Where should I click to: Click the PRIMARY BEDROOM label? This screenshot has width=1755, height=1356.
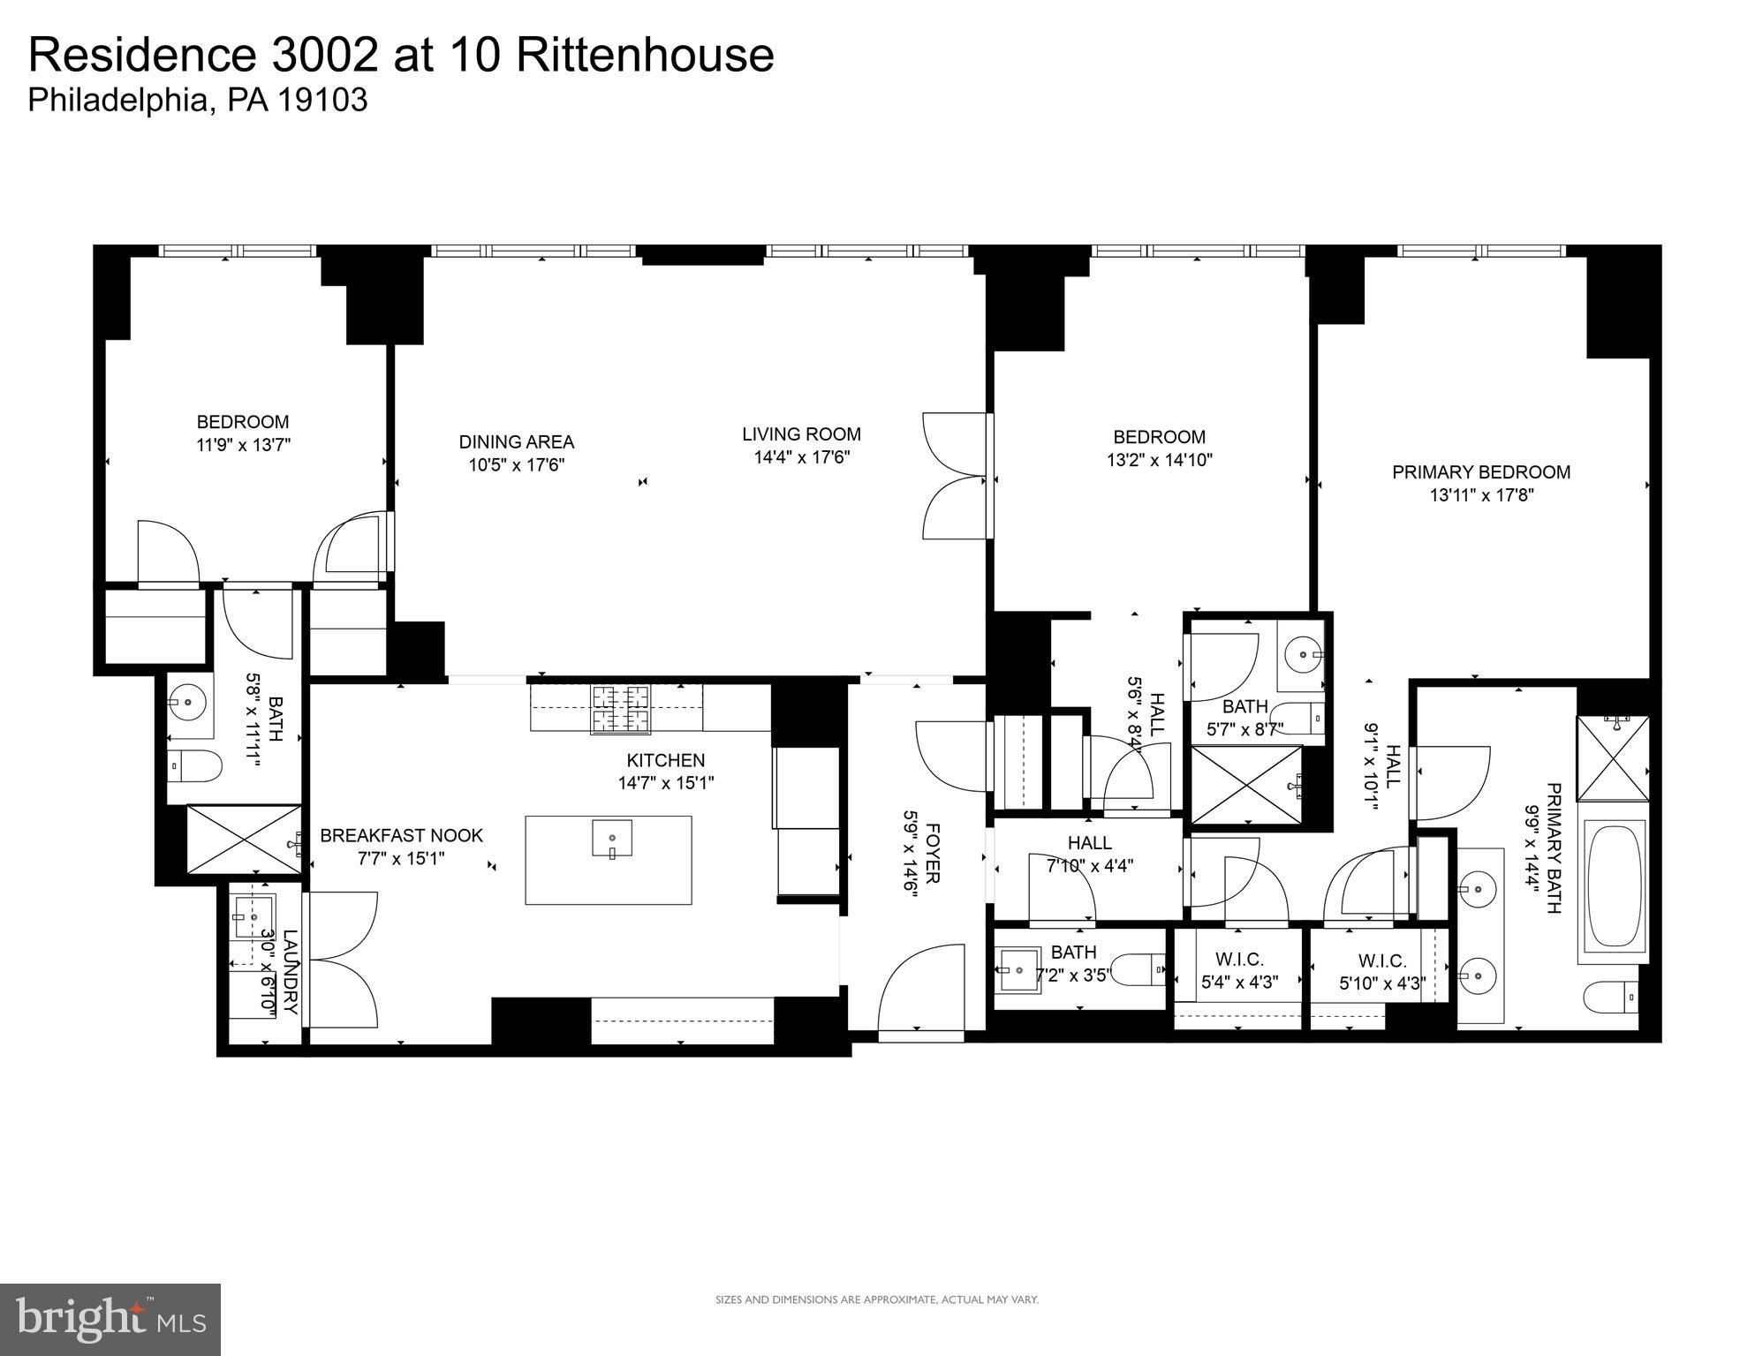[x=1481, y=472]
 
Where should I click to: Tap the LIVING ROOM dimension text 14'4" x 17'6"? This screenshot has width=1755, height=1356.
[x=801, y=457]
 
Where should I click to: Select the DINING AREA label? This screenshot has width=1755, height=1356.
[x=516, y=442]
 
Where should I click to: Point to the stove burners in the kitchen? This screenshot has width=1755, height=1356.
[x=621, y=708]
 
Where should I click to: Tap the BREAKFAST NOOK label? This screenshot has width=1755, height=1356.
[x=401, y=835]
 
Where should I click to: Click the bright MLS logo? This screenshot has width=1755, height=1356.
[x=110, y=1320]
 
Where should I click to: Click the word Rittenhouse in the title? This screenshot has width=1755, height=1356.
[x=644, y=55]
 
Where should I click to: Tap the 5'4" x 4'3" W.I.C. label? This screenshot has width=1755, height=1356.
[x=1239, y=971]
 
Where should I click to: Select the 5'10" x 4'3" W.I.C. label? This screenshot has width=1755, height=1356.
[x=1382, y=972]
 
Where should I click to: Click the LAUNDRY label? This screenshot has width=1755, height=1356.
[x=291, y=971]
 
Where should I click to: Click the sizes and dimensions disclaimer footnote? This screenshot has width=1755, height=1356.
[x=876, y=1299]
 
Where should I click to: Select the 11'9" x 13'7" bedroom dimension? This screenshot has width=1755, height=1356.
[x=243, y=445]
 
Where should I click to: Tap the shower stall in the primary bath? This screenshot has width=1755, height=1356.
[x=1613, y=758]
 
